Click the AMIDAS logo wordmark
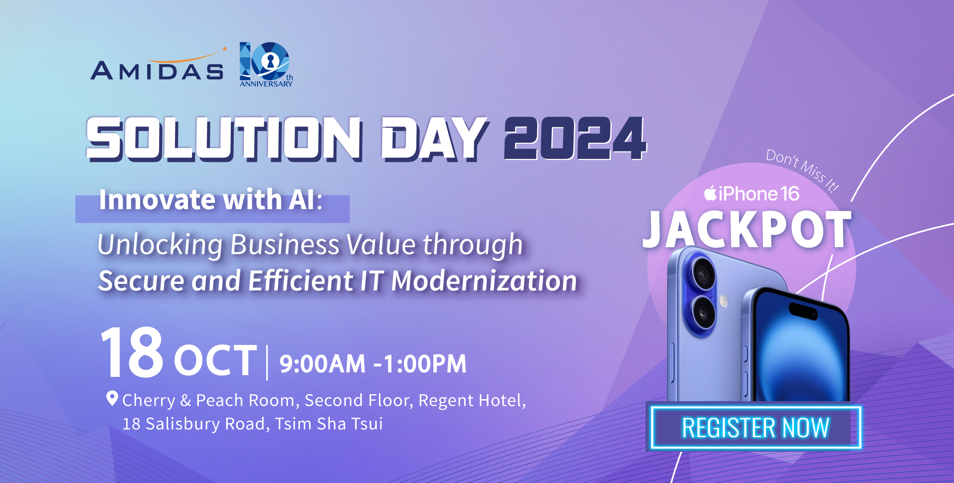[157, 65]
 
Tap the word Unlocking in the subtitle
[160, 245]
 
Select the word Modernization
[484, 281]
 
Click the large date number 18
[132, 352]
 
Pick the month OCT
[215, 360]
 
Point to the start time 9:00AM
[322, 364]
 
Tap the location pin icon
[112, 398]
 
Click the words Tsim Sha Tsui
[329, 424]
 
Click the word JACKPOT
[747, 230]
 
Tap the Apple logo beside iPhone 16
[710, 193]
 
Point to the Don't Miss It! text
[802, 170]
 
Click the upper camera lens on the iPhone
[704, 274]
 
